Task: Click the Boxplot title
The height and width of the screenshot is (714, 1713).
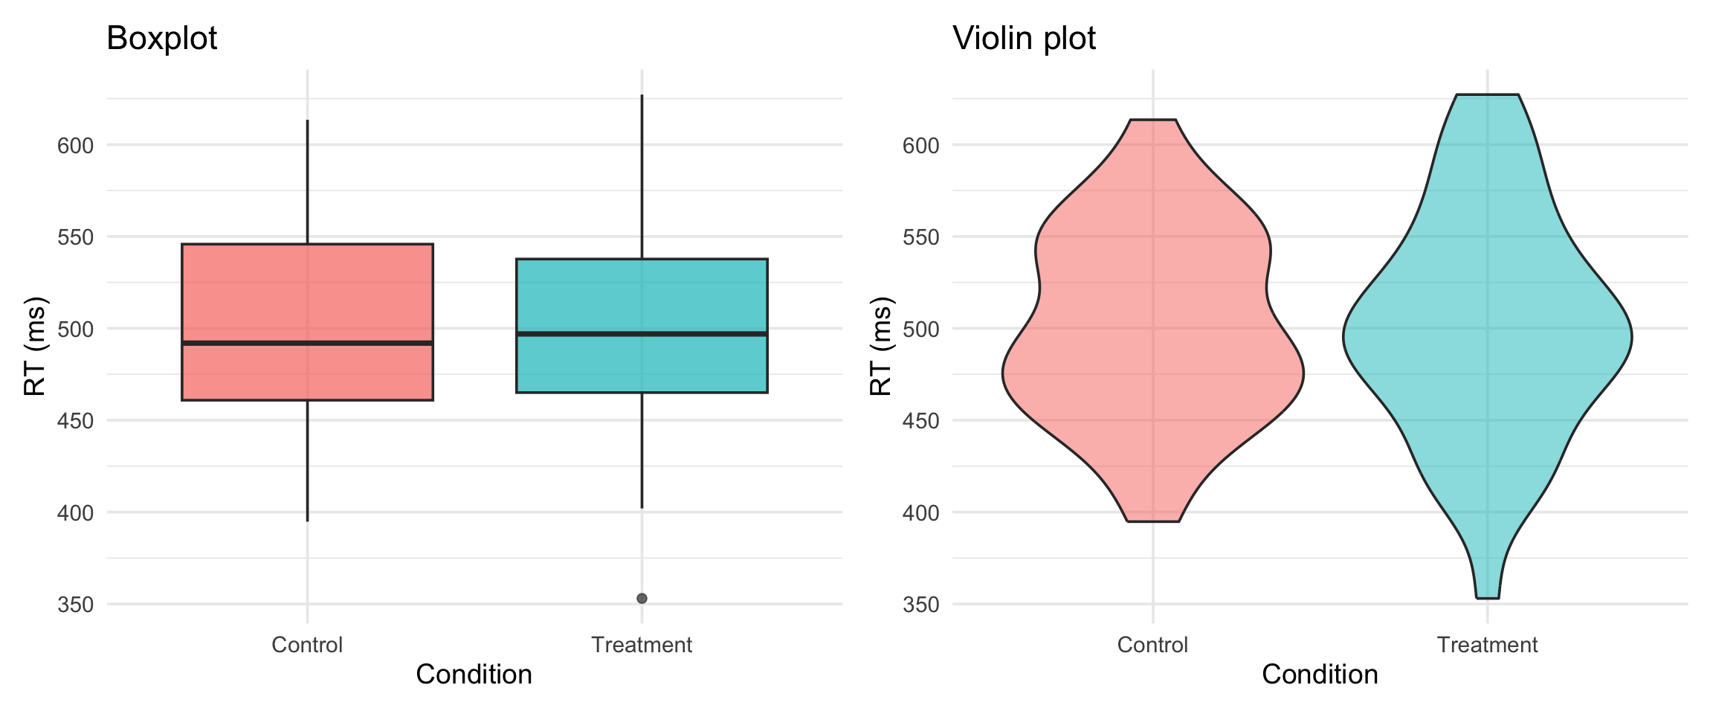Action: click(x=161, y=38)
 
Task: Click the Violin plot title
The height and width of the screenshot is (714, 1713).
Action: click(x=1024, y=38)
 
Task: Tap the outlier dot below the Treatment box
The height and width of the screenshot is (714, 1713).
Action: click(x=642, y=598)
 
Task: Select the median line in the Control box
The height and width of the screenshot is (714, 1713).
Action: click(x=307, y=343)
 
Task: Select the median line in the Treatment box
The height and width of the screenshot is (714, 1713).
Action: click(x=642, y=334)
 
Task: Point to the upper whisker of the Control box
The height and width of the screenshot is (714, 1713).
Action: click(x=307, y=182)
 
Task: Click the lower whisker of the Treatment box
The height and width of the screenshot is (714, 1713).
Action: click(x=642, y=450)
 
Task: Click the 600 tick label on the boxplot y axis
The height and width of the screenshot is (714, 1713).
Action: click(x=76, y=146)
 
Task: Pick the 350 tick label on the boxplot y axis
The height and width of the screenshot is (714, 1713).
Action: click(x=76, y=605)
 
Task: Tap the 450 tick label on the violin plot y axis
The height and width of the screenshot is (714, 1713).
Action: click(x=921, y=421)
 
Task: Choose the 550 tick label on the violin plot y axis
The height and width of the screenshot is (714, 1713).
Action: click(x=921, y=237)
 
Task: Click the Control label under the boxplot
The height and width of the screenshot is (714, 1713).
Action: click(x=307, y=645)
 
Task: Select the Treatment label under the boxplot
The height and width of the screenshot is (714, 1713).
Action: click(x=642, y=645)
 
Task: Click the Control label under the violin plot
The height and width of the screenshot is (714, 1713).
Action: click(x=1152, y=645)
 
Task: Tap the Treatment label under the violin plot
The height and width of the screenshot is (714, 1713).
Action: click(x=1487, y=645)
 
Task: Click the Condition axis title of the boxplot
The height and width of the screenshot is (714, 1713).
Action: click(x=474, y=675)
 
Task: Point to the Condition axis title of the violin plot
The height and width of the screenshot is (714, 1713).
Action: click(x=1320, y=675)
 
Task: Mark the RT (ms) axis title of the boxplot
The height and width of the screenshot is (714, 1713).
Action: click(x=35, y=346)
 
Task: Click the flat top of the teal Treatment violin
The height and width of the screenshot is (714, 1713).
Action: click(x=1487, y=96)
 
